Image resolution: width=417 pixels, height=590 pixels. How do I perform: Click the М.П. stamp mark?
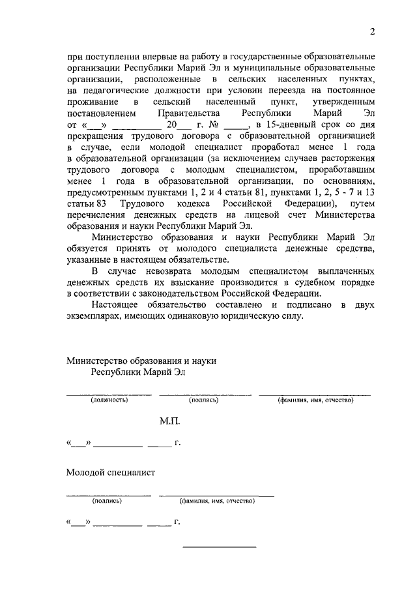[170, 422]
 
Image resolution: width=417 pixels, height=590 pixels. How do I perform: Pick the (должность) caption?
[109, 400]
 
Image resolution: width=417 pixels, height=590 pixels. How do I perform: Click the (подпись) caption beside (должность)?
[204, 400]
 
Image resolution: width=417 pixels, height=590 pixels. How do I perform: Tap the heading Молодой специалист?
[111, 472]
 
